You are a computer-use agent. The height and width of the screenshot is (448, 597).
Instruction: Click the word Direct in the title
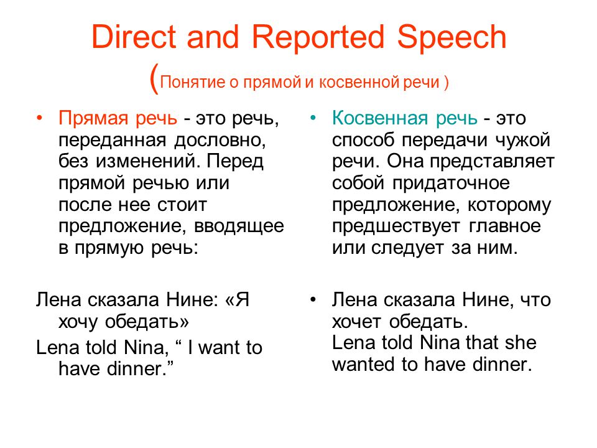pos(134,37)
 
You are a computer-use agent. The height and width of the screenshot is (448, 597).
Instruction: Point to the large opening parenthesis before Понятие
pos(154,78)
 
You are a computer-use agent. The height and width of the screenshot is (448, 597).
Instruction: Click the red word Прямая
pos(93,119)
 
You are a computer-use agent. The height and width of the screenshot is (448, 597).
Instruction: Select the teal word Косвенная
pos(379,118)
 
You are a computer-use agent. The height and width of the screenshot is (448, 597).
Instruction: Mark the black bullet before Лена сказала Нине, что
pos(313,299)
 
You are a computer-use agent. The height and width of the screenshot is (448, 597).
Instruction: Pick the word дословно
pos(220,141)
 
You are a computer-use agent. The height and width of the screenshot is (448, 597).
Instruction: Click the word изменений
pos(148,162)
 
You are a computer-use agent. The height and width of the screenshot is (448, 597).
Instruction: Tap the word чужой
pos(522,140)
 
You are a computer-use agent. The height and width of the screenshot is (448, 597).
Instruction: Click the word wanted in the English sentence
pos(363,365)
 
